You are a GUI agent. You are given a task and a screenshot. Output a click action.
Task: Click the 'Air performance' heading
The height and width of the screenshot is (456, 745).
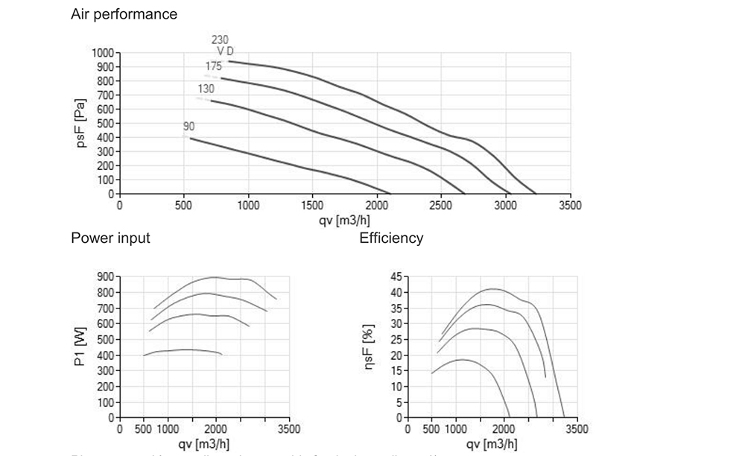coord(124,14)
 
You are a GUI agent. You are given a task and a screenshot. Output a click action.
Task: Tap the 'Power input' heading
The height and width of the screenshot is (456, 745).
coord(110,238)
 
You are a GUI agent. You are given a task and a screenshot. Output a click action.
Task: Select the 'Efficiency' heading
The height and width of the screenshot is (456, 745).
coord(391,238)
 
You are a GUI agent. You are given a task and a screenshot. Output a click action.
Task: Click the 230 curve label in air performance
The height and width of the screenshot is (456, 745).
coord(220,39)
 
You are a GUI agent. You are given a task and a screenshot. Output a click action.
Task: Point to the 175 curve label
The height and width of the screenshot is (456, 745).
coord(213,66)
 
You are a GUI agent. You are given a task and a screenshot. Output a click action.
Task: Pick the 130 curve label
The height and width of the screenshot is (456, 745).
coord(206,88)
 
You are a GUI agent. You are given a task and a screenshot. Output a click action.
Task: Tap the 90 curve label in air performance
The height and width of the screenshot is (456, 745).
coord(188,127)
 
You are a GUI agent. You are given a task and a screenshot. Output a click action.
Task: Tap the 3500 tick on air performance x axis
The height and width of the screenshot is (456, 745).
coord(570,205)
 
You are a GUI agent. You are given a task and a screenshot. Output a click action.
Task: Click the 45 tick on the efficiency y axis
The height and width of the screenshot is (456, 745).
coord(395,276)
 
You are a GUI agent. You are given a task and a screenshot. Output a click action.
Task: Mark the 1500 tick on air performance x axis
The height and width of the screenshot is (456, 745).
coord(313,205)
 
